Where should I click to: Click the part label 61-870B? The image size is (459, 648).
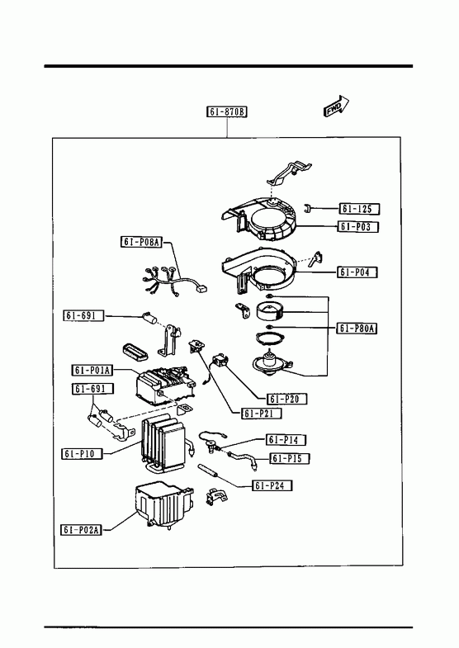[227, 111]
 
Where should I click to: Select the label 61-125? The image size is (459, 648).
[359, 209]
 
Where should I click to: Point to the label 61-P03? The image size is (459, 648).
[358, 226]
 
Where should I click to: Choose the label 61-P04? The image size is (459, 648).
[357, 272]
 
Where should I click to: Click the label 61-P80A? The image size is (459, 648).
[357, 329]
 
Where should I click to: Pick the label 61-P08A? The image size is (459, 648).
[141, 242]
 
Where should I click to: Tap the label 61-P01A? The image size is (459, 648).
[92, 371]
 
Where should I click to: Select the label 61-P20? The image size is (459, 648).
[287, 399]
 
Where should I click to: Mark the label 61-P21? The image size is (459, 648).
[262, 414]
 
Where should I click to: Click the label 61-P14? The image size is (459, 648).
[286, 440]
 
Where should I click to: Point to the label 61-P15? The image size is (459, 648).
[290, 458]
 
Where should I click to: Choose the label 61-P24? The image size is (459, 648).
[272, 485]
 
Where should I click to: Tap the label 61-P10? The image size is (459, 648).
[82, 453]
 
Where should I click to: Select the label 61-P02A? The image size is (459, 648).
[82, 529]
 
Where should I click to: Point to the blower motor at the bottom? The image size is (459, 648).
[272, 363]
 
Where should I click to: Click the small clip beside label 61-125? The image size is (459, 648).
[306, 208]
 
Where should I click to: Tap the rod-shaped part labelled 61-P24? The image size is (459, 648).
[209, 471]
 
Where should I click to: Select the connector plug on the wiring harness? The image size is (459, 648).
[201, 288]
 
